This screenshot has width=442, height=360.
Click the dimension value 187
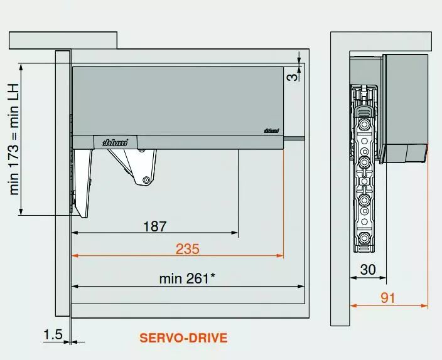[155, 226]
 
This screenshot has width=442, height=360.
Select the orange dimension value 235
[188, 249]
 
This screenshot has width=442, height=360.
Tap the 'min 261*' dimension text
[187, 279]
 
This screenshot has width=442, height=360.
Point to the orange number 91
[388, 298]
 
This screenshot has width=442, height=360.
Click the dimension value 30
[368, 270]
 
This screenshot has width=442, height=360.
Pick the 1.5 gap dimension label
[53, 335]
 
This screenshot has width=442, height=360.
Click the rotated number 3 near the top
[293, 77]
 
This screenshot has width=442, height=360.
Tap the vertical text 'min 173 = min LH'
[14, 139]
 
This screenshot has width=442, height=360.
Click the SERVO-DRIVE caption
[183, 338]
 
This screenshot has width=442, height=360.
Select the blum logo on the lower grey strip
[115, 142]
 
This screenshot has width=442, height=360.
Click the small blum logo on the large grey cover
[271, 130]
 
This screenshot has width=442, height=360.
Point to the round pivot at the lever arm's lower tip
[146, 180]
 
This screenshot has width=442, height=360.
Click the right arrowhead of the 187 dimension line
[235, 233]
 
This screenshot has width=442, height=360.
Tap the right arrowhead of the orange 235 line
[280, 256]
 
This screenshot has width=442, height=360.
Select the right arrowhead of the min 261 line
[301, 287]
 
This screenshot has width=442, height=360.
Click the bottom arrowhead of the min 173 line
[21, 212]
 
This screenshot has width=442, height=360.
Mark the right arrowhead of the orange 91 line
[424, 305]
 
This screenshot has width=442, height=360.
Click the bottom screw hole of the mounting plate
[365, 238]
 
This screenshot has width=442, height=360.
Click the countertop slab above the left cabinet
[63, 40]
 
